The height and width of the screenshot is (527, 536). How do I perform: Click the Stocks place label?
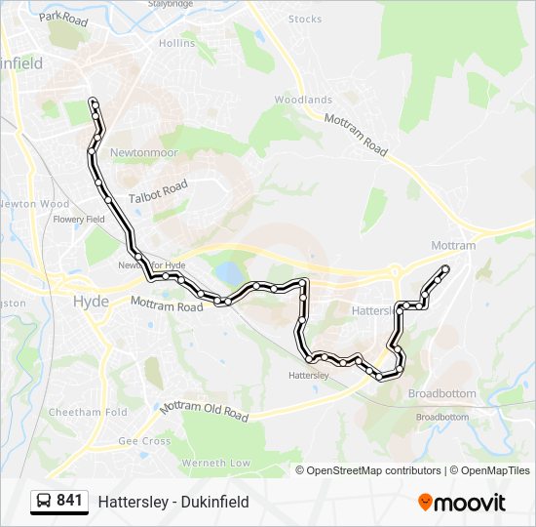point(305,19)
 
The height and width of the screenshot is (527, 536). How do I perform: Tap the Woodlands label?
point(303,100)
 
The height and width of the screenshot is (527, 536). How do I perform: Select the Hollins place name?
point(176,43)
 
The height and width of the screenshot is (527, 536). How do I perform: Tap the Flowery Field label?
point(79,220)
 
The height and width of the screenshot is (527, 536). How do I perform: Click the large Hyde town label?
point(92,302)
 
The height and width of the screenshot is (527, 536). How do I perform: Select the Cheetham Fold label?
point(89,412)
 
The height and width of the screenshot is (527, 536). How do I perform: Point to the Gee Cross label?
point(144,441)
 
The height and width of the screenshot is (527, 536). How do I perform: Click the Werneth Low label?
point(223,463)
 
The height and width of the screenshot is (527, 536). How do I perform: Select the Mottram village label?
point(453,245)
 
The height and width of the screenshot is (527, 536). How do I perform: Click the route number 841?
point(69,501)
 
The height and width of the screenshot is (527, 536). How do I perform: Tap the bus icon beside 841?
point(44,502)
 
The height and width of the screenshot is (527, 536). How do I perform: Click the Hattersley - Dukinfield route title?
point(173,502)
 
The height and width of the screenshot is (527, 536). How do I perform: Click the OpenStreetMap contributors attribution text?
point(374,470)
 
